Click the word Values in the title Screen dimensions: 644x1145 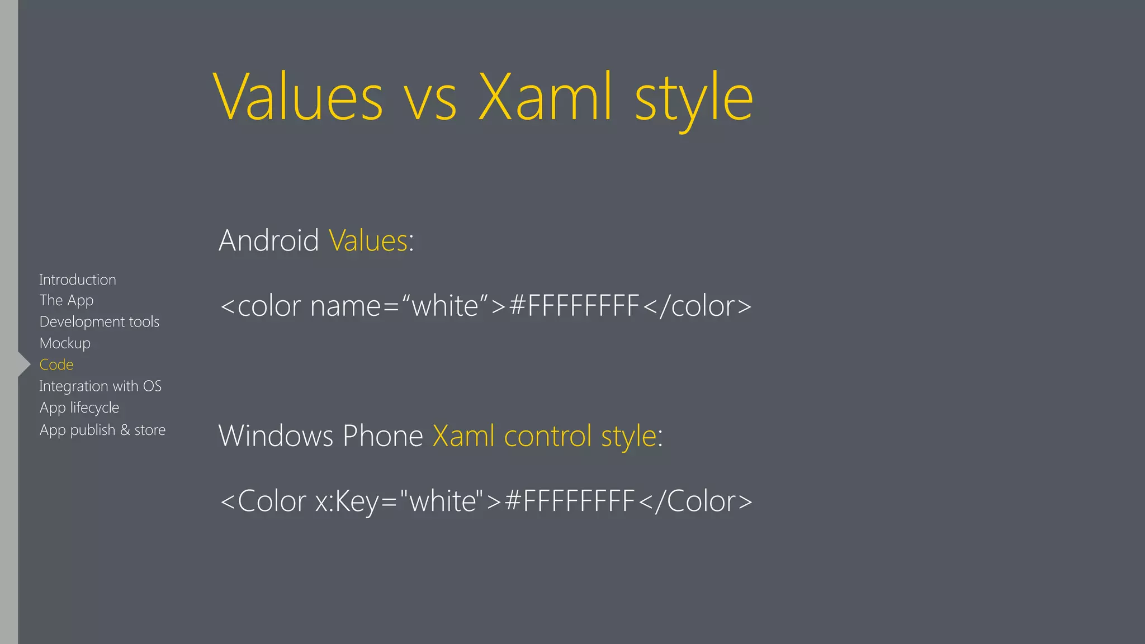point(299,98)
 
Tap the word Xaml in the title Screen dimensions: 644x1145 point(545,98)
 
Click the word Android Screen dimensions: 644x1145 point(268,240)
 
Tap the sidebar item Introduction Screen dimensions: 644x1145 point(78,280)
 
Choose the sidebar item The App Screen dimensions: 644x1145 point(67,301)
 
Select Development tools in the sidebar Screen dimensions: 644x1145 point(100,322)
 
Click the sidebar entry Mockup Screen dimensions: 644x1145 point(65,343)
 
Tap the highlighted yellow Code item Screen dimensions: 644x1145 point(56,364)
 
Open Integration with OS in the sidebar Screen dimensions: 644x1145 point(100,386)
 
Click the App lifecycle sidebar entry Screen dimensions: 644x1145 point(79,408)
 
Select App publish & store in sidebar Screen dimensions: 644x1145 point(102,430)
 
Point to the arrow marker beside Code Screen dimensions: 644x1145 point(24,364)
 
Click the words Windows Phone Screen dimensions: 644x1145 point(320,435)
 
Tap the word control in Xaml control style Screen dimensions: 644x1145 point(547,436)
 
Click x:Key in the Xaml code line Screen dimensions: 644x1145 point(347,501)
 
